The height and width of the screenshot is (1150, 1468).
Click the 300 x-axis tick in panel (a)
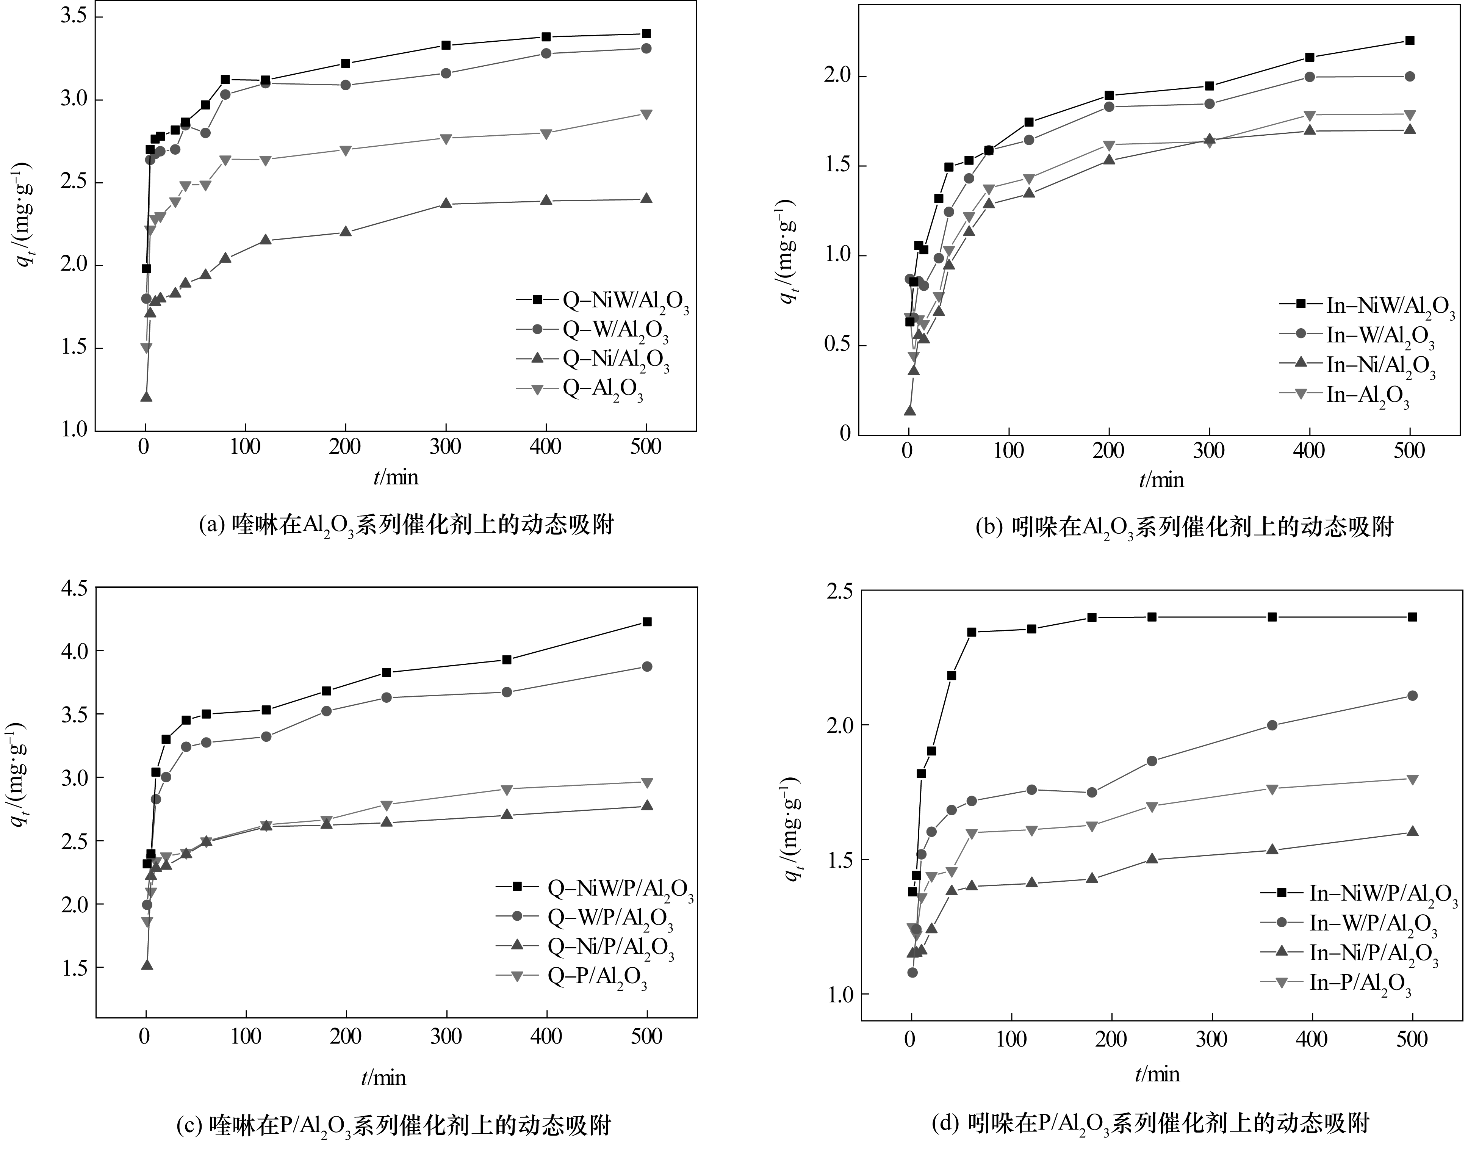coord(445,447)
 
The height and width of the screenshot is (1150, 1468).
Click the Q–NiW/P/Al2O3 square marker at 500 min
coord(647,622)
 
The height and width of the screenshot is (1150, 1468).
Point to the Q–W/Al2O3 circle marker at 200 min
coord(345,85)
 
